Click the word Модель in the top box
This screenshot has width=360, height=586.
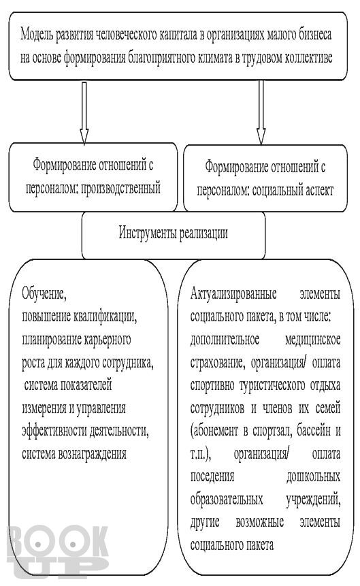click(x=37, y=35)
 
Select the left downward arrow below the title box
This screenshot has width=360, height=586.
click(x=84, y=113)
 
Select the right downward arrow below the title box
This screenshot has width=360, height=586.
click(x=261, y=112)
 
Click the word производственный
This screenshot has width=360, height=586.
click(x=120, y=188)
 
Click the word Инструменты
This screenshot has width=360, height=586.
click(x=148, y=233)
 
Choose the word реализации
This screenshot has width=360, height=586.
click(x=203, y=233)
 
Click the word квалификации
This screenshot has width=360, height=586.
click(x=105, y=316)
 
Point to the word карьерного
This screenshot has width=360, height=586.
click(x=108, y=340)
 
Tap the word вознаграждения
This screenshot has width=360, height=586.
click(x=92, y=453)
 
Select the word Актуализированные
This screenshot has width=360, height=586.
click(x=233, y=294)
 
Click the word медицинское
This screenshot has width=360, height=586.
click(x=312, y=340)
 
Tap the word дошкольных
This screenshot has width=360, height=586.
click(x=313, y=476)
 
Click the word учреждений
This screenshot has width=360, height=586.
click(x=313, y=500)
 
